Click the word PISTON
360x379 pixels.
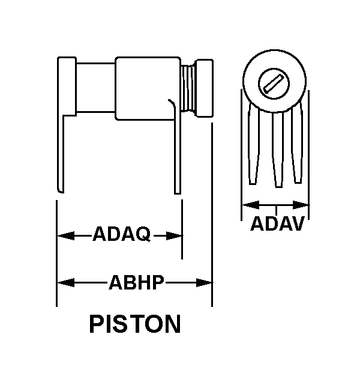tap(135, 324)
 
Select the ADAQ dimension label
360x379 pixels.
tap(121, 234)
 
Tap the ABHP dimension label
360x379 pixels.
tap(136, 282)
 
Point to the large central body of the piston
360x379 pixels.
tap(147, 89)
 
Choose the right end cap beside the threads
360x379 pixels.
tap(204, 88)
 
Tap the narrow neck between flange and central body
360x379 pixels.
tap(95, 88)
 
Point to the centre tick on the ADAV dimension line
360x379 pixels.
tap(275, 208)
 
